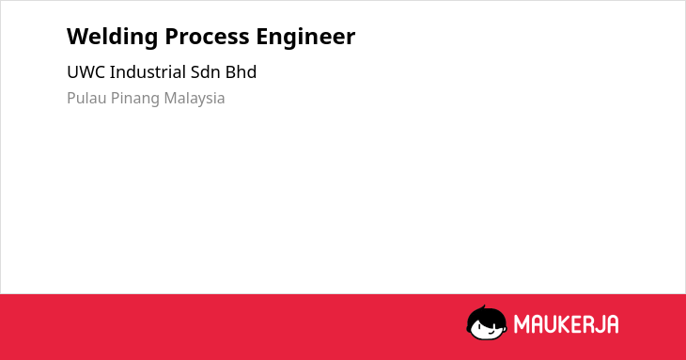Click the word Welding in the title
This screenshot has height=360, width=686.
click(112, 38)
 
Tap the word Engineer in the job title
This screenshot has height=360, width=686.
click(305, 38)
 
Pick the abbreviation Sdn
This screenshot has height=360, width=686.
click(205, 72)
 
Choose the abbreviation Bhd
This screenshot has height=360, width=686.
click(241, 72)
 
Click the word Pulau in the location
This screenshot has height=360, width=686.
click(86, 98)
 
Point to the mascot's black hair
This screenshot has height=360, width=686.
click(486, 316)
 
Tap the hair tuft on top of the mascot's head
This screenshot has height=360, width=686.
click(483, 307)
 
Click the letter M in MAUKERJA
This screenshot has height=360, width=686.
click(522, 324)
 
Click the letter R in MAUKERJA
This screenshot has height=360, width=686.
click(587, 324)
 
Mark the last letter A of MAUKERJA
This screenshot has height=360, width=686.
click(612, 324)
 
